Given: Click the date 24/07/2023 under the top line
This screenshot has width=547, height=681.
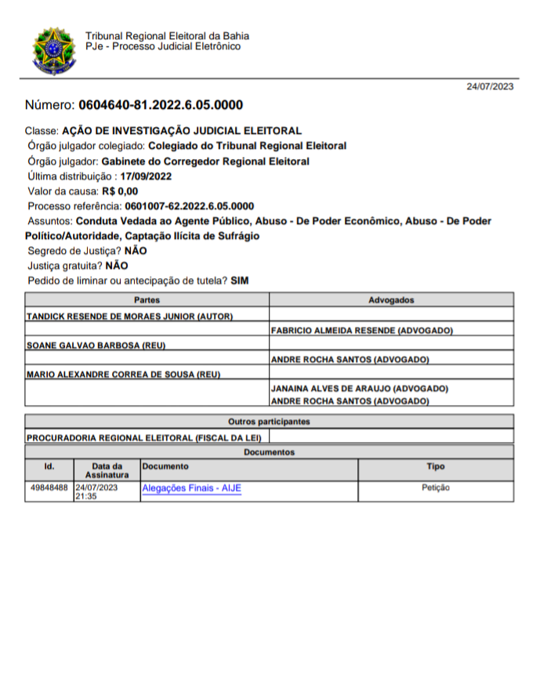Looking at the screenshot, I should click(490, 86).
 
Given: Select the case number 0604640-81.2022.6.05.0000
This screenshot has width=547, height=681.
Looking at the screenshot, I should click(160, 105).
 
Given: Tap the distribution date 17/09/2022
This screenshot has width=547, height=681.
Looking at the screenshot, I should click(146, 176).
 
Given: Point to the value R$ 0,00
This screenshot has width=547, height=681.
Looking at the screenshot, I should click(119, 191).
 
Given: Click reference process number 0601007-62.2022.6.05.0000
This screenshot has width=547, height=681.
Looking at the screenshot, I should click(189, 206).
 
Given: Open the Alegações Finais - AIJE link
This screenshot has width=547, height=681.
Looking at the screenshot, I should click(191, 488).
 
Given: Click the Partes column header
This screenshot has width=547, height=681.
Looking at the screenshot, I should click(147, 300).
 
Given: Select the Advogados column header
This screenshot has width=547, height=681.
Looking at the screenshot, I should click(391, 300).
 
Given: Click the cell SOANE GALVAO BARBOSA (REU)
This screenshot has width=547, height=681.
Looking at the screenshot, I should click(97, 346).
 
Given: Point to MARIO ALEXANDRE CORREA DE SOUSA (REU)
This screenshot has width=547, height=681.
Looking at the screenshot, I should click(123, 375).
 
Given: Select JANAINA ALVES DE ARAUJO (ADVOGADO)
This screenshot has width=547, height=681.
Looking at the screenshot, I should click(359, 389).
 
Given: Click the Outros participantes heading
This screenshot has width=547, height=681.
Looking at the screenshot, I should click(269, 422).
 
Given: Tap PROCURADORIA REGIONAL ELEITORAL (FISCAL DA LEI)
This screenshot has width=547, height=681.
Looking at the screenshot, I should click(146, 437).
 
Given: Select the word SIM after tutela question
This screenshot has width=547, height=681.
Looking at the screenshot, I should click(239, 281).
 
